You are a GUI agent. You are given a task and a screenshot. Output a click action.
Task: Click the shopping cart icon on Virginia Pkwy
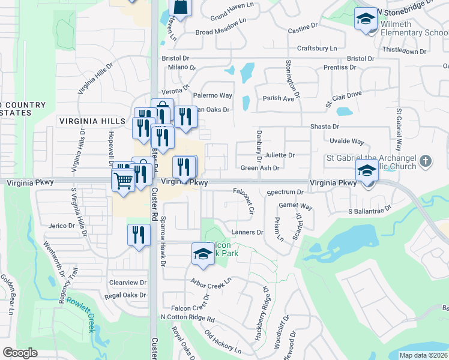click(123, 179)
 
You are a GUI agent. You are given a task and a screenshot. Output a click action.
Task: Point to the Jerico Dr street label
click(62, 226)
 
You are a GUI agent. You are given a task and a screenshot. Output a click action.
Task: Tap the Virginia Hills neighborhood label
click(92, 121)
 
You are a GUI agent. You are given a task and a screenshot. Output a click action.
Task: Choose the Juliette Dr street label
click(280, 155)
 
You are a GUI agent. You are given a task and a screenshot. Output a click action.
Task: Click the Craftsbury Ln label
click(318, 48)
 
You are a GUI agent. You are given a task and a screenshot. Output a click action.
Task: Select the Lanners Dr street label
click(247, 232)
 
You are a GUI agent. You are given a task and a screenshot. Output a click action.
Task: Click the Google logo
click(20, 352)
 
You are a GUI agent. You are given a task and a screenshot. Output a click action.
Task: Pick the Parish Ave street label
click(278, 98)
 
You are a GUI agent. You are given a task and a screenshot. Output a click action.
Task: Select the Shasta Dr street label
click(325, 127)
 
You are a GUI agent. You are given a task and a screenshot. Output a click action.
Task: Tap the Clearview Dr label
click(128, 282)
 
